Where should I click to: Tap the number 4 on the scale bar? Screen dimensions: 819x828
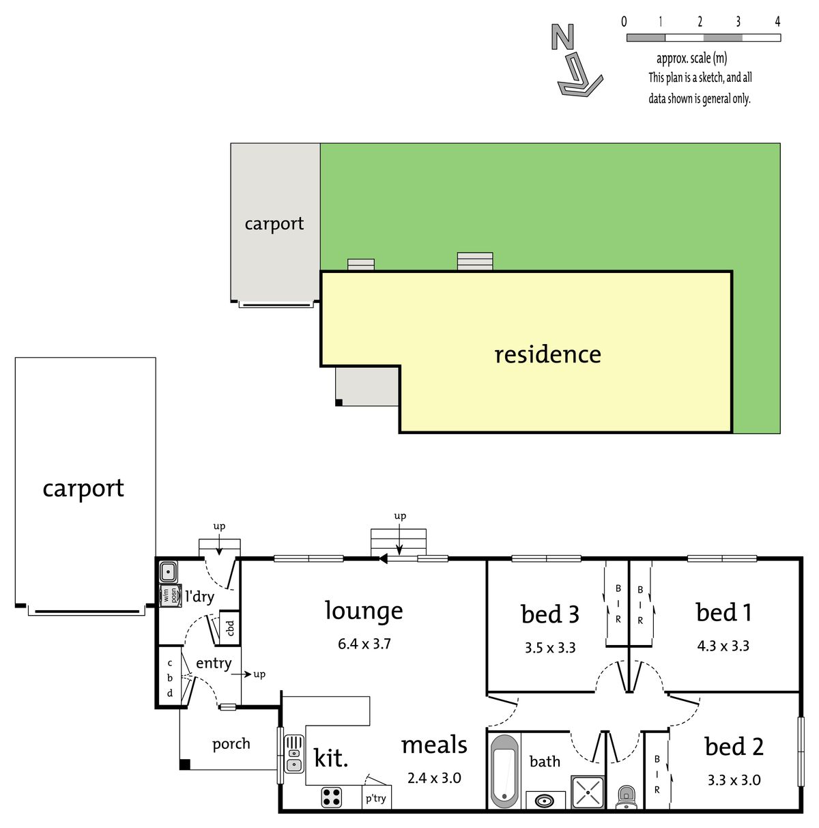[x=777, y=21]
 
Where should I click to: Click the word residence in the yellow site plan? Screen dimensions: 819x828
[x=547, y=355]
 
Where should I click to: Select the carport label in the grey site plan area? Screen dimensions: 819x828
[x=274, y=224]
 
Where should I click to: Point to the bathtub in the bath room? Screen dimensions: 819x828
[x=504, y=771]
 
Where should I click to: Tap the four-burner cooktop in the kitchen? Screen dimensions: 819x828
[x=331, y=797]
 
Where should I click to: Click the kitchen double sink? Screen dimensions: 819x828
[x=294, y=758]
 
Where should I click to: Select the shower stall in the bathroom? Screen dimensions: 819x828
[x=587, y=792]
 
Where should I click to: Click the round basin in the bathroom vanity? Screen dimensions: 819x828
[x=545, y=801]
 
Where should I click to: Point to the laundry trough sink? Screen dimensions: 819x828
[x=168, y=572]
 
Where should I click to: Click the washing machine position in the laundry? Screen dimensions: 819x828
[x=170, y=596]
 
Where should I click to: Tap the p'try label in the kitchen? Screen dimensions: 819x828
[x=375, y=799]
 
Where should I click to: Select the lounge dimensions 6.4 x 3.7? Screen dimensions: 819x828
[x=364, y=644]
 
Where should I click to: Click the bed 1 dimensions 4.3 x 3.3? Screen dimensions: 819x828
[x=723, y=646]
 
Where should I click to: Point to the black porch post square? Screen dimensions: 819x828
[x=184, y=765]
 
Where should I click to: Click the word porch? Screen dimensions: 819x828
[x=231, y=744]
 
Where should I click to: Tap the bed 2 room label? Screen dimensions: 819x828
[x=734, y=746]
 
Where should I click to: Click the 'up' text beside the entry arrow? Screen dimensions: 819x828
[x=259, y=674]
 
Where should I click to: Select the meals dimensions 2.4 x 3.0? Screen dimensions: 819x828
[x=433, y=777]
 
